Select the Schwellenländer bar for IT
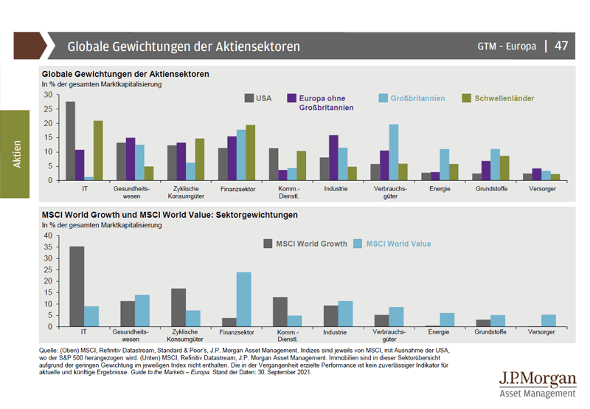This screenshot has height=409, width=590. (98, 151)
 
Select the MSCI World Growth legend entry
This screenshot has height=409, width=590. (305, 244)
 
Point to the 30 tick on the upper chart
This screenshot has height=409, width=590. (49, 94)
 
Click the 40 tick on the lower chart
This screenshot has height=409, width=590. (49, 236)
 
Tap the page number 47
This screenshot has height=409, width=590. (561, 46)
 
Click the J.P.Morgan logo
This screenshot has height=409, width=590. (538, 385)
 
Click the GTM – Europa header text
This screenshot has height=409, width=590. (507, 46)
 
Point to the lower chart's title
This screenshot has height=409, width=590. (170, 215)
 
